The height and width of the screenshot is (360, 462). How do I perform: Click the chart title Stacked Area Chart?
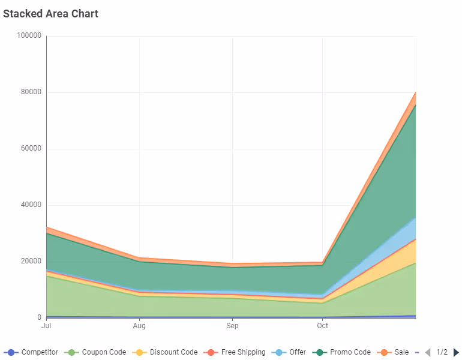pos(50,13)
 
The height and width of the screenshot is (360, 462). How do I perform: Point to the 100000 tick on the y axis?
pos(29,36)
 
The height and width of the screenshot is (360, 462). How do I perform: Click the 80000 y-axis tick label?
pos(31,92)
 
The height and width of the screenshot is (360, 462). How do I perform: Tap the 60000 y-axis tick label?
pos(31,149)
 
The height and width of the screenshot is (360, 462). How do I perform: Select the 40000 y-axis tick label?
pos(31,205)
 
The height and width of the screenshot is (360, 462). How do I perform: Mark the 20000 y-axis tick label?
pos(31,262)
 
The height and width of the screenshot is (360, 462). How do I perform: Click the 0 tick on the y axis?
pos(39,318)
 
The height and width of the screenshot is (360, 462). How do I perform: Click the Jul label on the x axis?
pos(46,326)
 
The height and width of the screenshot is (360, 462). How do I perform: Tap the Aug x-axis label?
pos(139,326)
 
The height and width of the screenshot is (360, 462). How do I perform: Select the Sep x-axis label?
pos(232,326)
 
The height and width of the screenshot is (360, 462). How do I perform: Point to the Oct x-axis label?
pos(323,326)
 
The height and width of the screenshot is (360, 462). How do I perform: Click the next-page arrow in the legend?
pos(456,352)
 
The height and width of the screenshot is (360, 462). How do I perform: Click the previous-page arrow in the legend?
pos(428,352)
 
